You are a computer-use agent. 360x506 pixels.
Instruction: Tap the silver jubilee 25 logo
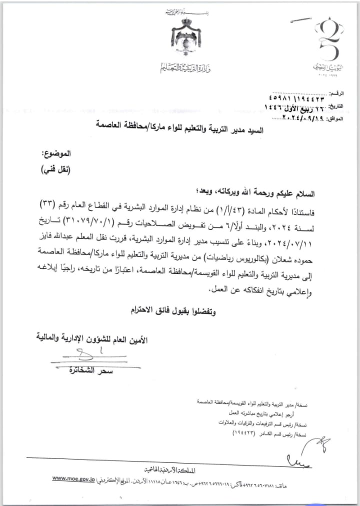coord(328,42)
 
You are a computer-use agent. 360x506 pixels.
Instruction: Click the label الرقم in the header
coord(338,93)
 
